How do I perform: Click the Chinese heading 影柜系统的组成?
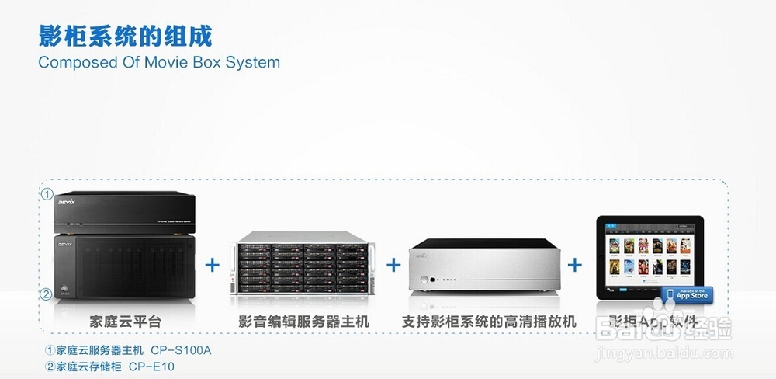(125, 36)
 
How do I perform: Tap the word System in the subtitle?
(252, 62)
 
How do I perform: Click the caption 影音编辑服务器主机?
(304, 320)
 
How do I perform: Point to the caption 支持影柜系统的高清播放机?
(489, 320)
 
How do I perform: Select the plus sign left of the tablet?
(575, 265)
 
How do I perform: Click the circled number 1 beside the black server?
(47, 194)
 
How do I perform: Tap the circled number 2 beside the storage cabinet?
(47, 294)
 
